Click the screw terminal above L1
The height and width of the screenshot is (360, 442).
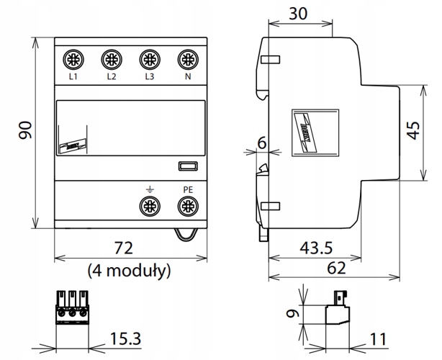click(73, 58)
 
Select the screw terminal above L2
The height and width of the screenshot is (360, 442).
click(111, 58)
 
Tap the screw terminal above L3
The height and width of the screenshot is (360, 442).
click(149, 58)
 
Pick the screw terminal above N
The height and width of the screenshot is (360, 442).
click(187, 58)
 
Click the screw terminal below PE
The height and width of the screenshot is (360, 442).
click(187, 207)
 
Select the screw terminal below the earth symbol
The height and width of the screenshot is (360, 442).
click(150, 207)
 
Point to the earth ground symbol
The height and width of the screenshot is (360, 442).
click(150, 189)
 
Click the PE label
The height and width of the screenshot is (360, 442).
click(187, 190)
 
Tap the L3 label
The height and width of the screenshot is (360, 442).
click(149, 76)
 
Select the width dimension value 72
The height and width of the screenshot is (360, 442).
click(124, 249)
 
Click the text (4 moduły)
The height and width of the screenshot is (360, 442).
click(128, 271)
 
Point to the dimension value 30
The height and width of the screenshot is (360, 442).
click(299, 13)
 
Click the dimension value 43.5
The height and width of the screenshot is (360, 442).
click(315, 249)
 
